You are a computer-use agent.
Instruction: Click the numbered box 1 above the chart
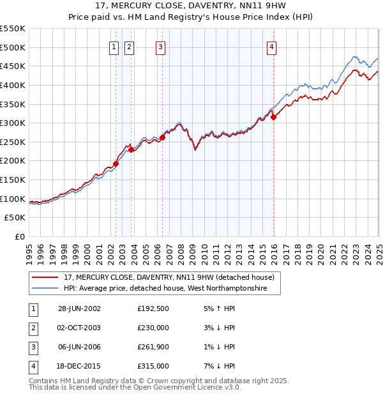[x=114, y=46]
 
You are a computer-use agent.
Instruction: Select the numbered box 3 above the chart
[x=160, y=46]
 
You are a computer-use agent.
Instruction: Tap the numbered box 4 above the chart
[x=271, y=46]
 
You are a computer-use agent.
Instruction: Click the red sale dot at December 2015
[x=273, y=117]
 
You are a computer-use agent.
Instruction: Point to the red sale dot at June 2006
[x=163, y=137]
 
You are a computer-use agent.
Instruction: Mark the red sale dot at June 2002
[x=116, y=164]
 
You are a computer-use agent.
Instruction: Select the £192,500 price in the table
[x=153, y=308]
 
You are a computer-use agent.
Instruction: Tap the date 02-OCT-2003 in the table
[x=79, y=327]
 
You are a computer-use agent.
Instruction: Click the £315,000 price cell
[x=153, y=366]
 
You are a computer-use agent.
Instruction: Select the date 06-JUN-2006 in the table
[x=79, y=347]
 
